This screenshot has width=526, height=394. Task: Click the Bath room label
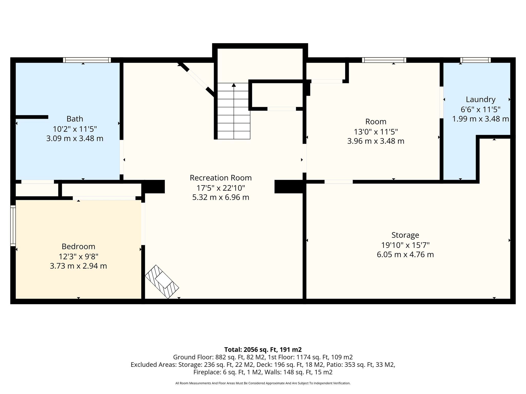pyautogui.click(x=75, y=119)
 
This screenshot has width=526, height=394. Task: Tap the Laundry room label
pyautogui.click(x=481, y=100)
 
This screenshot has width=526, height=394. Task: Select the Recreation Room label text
pyautogui.click(x=221, y=178)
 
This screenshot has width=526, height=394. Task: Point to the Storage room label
pyautogui.click(x=405, y=235)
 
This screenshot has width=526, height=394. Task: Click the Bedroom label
pyautogui.click(x=78, y=247)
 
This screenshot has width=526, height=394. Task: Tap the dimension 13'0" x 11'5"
pyautogui.click(x=376, y=132)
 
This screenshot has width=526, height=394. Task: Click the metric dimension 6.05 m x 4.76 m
pyautogui.click(x=405, y=255)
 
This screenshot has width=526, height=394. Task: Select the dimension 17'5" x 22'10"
pyautogui.click(x=221, y=188)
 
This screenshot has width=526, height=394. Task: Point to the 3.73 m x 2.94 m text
pyautogui.click(x=78, y=266)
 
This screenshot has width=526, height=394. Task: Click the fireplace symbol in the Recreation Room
pyautogui.click(x=162, y=282)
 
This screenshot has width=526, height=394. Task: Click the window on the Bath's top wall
pyautogui.click(x=87, y=60)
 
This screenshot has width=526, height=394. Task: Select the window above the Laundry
pyautogui.click(x=475, y=60)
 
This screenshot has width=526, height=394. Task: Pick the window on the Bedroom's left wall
pyautogui.click(x=13, y=226)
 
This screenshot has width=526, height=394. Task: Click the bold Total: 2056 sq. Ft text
pyautogui.click(x=263, y=350)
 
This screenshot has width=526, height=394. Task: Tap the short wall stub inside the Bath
pyautogui.click(x=32, y=117)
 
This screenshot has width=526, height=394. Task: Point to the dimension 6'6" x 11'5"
pyautogui.click(x=481, y=110)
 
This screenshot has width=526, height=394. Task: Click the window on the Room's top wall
pyautogui.click(x=384, y=60)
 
